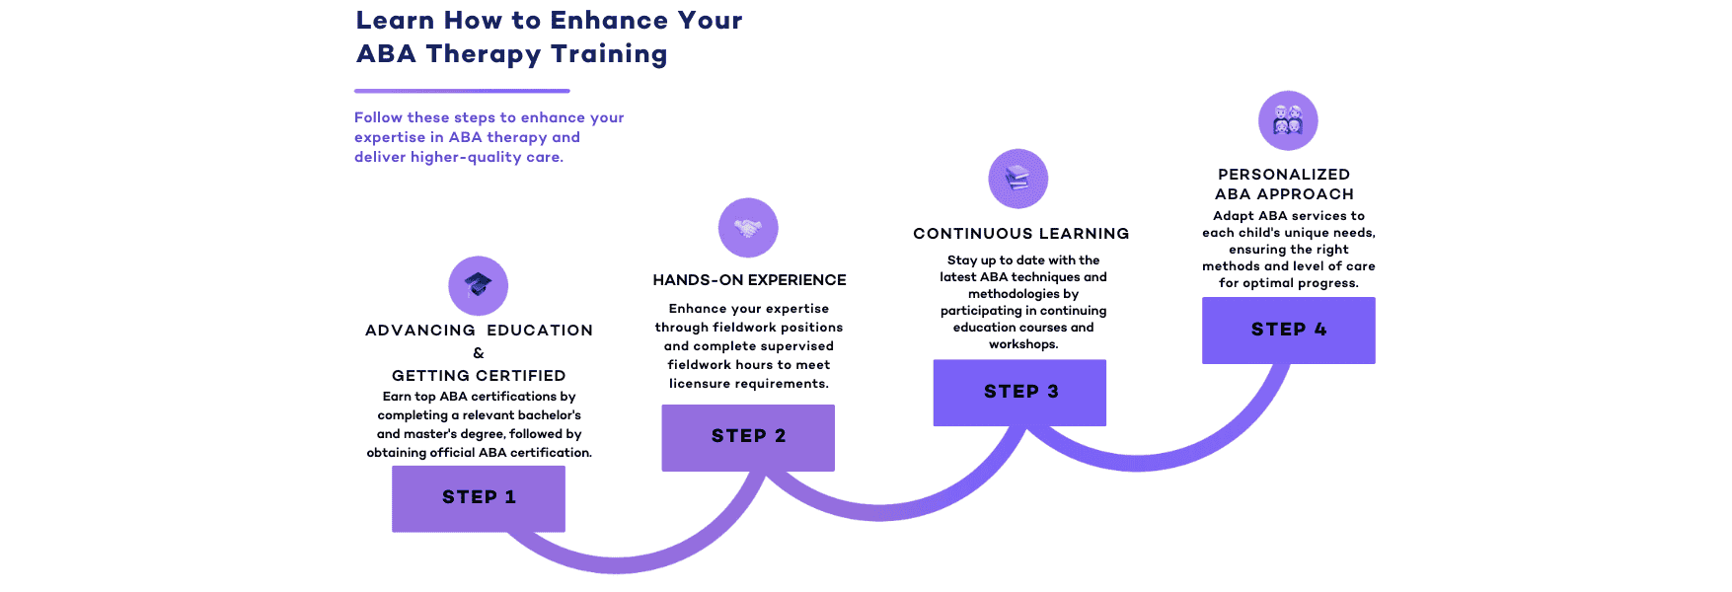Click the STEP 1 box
(479, 498)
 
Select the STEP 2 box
(748, 437)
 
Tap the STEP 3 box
(1019, 393)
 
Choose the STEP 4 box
(1289, 331)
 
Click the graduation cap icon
(479, 286)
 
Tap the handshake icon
(748, 228)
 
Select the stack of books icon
(1018, 179)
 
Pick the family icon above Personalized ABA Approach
(1288, 120)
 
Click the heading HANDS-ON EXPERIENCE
(750, 280)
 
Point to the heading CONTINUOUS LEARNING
(1021, 234)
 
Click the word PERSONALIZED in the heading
(1284, 175)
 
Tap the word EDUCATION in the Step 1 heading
(540, 331)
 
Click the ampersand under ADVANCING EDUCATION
(479, 353)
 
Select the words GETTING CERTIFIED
(479, 376)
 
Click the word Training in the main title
(609, 54)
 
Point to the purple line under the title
(462, 91)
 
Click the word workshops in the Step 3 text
(1023, 344)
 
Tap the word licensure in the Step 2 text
(702, 384)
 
